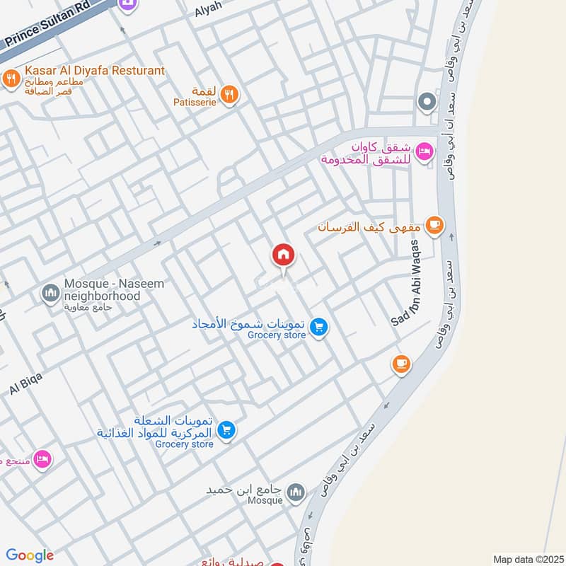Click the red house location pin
point(283,255)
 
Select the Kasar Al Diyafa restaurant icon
point(11,79)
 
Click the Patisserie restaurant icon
point(229,94)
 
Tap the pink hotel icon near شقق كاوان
point(424,152)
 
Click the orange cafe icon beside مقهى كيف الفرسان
point(434,226)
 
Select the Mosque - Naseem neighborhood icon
point(50,292)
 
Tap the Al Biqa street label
point(26,383)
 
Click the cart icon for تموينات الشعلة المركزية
point(226,430)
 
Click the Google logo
point(30,555)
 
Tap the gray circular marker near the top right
point(427,103)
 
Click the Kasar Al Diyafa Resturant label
point(94,71)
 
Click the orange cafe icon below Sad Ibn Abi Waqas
point(401,364)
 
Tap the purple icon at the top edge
point(127,7)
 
